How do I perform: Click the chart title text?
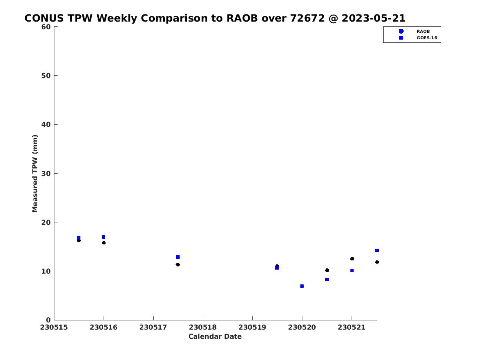coord(215,18)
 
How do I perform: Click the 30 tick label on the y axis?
coord(46,174)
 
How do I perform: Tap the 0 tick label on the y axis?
coord(48,320)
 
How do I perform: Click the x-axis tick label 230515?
coord(54,327)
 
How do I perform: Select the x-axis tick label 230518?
coord(203,327)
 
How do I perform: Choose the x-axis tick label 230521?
coord(352,327)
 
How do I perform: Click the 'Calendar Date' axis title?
coord(215,337)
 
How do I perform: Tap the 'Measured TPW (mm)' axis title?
coord(35,174)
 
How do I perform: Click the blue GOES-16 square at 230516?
coord(104,237)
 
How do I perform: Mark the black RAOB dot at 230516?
coord(104,243)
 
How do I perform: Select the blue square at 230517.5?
coord(178,257)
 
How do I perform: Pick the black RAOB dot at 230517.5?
coord(178,264)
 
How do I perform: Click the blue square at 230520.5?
coord(327,280)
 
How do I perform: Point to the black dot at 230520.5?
coord(327,270)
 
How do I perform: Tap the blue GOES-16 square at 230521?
coord(352,270)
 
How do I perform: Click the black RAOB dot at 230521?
coord(352,258)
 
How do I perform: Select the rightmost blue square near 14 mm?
coord(377,250)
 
